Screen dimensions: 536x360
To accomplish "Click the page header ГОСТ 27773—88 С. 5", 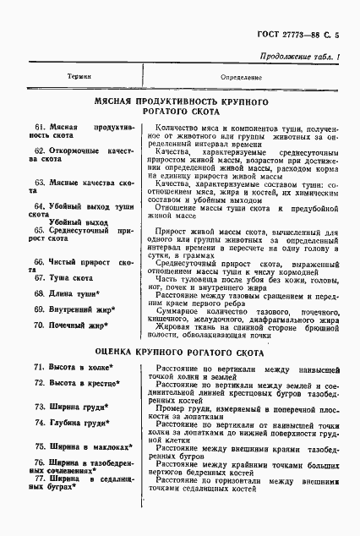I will [x=302, y=34].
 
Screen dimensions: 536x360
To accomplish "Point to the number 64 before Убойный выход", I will [x=39, y=205].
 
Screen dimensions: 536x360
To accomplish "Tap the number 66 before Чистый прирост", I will [x=39, y=262].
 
